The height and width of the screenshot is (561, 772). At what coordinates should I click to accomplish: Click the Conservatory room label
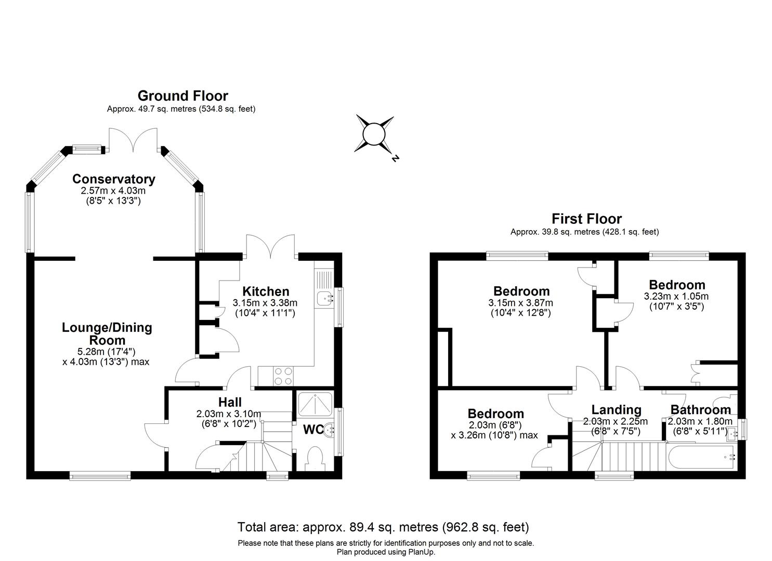113,179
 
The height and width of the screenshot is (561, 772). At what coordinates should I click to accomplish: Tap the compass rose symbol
373,135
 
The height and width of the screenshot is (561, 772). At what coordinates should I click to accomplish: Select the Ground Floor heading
182,96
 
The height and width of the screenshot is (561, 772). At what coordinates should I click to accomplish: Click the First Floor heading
586,219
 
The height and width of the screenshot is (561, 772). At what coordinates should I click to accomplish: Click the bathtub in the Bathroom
701,457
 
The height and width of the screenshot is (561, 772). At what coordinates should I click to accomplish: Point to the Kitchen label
266,291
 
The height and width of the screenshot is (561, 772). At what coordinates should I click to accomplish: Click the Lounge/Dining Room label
107,333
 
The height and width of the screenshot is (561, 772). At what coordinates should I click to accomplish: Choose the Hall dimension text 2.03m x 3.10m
229,414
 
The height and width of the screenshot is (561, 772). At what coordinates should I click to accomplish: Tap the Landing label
616,410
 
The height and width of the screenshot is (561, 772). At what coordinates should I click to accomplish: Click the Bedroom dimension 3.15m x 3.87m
520,303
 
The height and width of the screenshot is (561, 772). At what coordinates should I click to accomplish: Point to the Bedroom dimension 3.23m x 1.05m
676,297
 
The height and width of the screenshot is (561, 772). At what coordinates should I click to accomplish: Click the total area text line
383,527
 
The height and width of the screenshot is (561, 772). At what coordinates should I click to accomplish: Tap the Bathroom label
700,409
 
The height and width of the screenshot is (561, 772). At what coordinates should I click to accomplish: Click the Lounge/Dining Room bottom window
100,475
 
